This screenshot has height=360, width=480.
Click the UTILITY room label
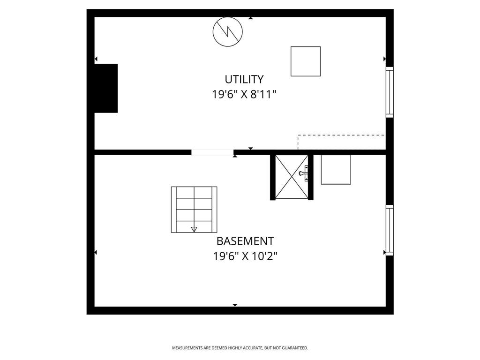pyautogui.click(x=244, y=79)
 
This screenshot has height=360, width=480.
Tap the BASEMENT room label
pyautogui.click(x=245, y=241)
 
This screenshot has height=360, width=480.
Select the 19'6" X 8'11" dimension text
pyautogui.click(x=244, y=94)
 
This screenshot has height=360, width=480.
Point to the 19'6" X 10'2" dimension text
pyautogui.click(x=245, y=256)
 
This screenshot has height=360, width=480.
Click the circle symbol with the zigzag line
pyautogui.click(x=227, y=31)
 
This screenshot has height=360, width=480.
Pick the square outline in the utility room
pyautogui.click(x=306, y=61)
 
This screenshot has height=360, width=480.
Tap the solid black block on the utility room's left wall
pyautogui.click(x=106, y=88)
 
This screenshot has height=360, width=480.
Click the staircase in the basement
pyautogui.click(x=194, y=210)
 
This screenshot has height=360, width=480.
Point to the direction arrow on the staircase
pyautogui.click(x=194, y=229)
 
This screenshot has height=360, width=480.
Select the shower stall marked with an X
pyautogui.click(x=291, y=177)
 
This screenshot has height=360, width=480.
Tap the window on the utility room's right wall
pyautogui.click(x=390, y=92)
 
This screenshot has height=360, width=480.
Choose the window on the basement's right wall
pyautogui.click(x=390, y=230)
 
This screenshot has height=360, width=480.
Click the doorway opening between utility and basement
pyautogui.click(x=212, y=152)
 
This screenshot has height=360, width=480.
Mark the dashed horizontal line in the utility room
pyautogui.click(x=341, y=135)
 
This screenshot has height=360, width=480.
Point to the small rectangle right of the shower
pyautogui.click(x=336, y=169)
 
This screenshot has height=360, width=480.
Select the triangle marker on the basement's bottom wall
pyautogui.click(x=235, y=305)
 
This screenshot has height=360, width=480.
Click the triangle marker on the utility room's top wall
pyautogui.click(x=251, y=18)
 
